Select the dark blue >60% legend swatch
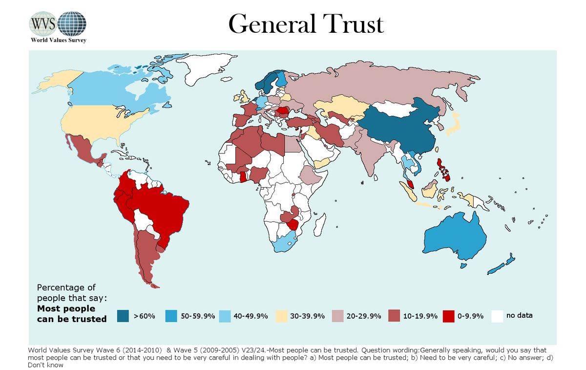(x=123, y=316)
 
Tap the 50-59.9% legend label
(x=198, y=316)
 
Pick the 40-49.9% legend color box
(x=225, y=316)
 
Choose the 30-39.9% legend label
(x=308, y=316)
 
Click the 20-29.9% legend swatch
(x=337, y=316)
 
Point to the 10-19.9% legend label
(x=419, y=316)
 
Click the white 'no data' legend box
(x=497, y=316)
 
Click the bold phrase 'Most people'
(x=66, y=308)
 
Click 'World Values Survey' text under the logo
(x=59, y=40)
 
